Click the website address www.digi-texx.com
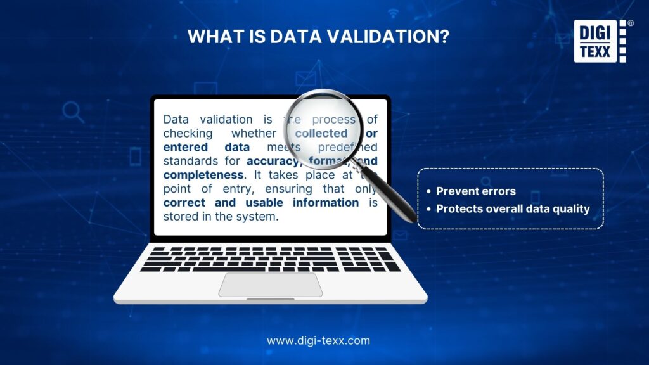[x=318, y=340]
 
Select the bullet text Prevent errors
[x=476, y=191]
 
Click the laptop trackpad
[x=271, y=285]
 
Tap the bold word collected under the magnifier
[x=321, y=133]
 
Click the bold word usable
[x=263, y=202]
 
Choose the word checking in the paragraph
[x=186, y=133]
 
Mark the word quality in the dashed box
[x=570, y=208]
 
